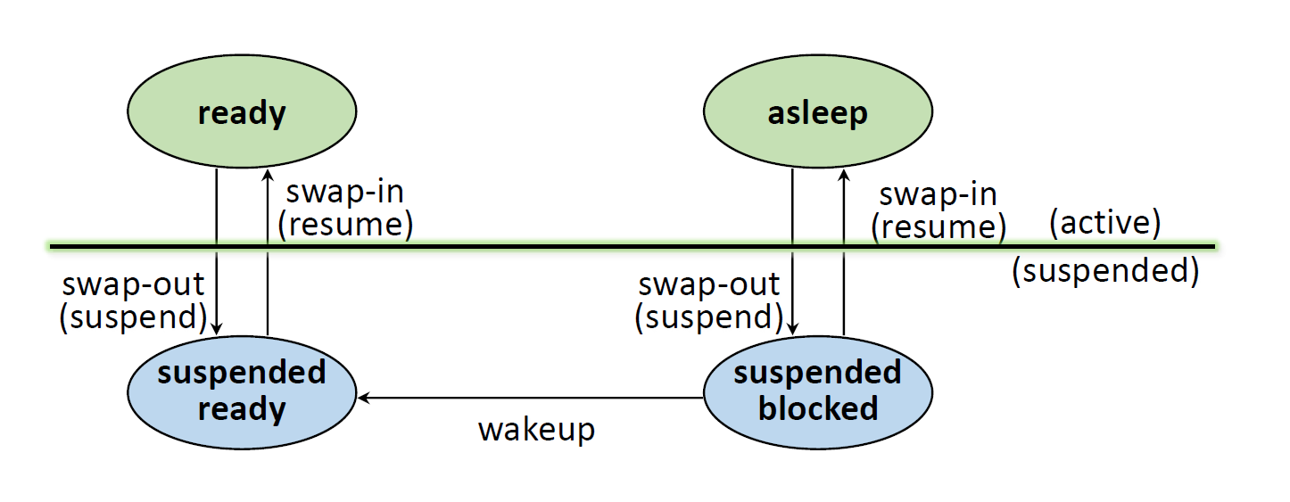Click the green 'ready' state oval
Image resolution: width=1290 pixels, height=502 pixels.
click(242, 111)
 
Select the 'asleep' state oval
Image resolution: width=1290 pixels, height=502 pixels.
click(818, 111)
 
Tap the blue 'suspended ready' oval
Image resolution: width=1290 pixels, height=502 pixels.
click(242, 392)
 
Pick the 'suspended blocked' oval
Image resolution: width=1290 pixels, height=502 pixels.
click(818, 392)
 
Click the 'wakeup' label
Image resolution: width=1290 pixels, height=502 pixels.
click(537, 430)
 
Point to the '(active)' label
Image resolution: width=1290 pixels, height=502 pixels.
click(1104, 223)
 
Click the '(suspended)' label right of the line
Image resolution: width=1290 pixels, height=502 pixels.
click(1105, 270)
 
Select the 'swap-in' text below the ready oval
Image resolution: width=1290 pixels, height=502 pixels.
click(345, 192)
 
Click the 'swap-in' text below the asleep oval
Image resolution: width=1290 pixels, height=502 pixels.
click(939, 194)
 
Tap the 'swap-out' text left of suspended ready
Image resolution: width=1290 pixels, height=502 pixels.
click(133, 284)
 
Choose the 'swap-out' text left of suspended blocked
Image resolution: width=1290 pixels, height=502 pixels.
click(709, 284)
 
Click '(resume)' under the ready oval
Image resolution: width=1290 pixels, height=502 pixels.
click(345, 225)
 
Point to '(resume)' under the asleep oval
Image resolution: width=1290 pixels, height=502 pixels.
click(939, 226)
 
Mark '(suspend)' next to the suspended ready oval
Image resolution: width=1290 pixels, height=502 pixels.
click(133, 317)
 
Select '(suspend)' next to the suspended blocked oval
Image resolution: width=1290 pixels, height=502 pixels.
click(709, 317)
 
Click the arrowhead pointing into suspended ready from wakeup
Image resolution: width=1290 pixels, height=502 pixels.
click(363, 397)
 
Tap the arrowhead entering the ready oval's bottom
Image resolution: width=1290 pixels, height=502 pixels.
click(268, 175)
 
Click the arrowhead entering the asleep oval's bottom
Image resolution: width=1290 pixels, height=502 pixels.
click(844, 175)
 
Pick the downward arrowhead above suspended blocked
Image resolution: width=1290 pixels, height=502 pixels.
click(792, 329)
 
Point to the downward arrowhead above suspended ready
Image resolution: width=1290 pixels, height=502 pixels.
click(216, 329)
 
